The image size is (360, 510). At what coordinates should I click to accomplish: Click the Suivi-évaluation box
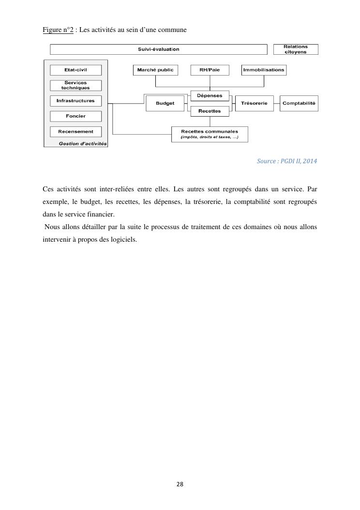(159, 49)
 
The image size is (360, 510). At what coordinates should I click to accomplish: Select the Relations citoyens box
(296, 49)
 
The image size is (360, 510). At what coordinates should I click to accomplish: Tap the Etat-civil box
(75, 70)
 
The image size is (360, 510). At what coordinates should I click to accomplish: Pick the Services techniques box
(75, 86)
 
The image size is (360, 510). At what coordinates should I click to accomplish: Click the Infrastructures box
(75, 101)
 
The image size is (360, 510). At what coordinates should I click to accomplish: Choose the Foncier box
(75, 116)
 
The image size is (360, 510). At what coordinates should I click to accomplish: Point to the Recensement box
(75, 132)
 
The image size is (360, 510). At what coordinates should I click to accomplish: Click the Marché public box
(155, 70)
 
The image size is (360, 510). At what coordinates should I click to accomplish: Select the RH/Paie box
(210, 70)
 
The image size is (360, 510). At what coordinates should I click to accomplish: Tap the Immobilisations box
(264, 70)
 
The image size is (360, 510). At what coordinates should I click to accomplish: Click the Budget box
(165, 104)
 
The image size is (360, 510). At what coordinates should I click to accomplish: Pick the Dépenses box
(210, 96)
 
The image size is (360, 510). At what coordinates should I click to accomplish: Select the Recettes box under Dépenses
(210, 111)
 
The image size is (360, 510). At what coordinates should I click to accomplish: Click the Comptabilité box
(299, 103)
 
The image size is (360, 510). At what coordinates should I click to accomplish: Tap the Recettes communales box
(210, 134)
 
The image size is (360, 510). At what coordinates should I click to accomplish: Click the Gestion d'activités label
(83, 144)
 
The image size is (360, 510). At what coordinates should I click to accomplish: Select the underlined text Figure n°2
(58, 30)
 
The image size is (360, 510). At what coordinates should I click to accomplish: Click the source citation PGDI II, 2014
(287, 161)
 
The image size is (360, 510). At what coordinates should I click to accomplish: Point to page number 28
(180, 484)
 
